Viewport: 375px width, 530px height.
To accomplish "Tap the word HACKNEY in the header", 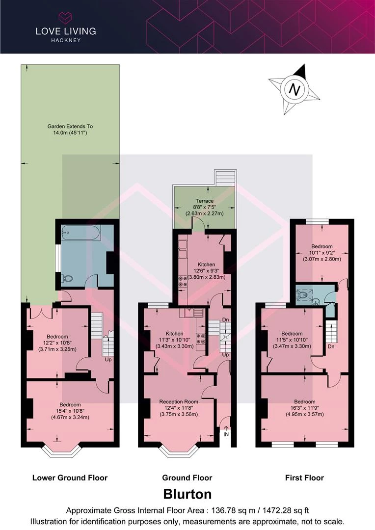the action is (66, 40).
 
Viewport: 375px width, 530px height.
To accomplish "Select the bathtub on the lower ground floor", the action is (80, 233).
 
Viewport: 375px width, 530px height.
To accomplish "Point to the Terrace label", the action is (204, 201).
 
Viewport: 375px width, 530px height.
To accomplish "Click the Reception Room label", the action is (179, 401).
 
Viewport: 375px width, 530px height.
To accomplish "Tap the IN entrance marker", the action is (226, 434).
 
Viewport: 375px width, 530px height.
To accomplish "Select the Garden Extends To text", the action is (70, 127).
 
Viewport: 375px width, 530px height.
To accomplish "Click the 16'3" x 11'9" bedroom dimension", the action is (305, 408).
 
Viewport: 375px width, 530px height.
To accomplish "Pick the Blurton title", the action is (187, 494).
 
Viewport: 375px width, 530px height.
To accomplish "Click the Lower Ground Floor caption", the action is (70, 477).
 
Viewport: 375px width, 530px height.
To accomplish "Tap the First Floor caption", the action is (304, 477).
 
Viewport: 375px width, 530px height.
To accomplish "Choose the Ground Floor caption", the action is (187, 477).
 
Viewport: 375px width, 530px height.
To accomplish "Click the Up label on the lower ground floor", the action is (108, 359).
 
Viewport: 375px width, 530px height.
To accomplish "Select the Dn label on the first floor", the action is (331, 346).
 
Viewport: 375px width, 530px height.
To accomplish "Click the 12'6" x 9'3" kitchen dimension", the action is (206, 271).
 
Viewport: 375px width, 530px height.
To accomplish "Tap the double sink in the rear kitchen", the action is (183, 249).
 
